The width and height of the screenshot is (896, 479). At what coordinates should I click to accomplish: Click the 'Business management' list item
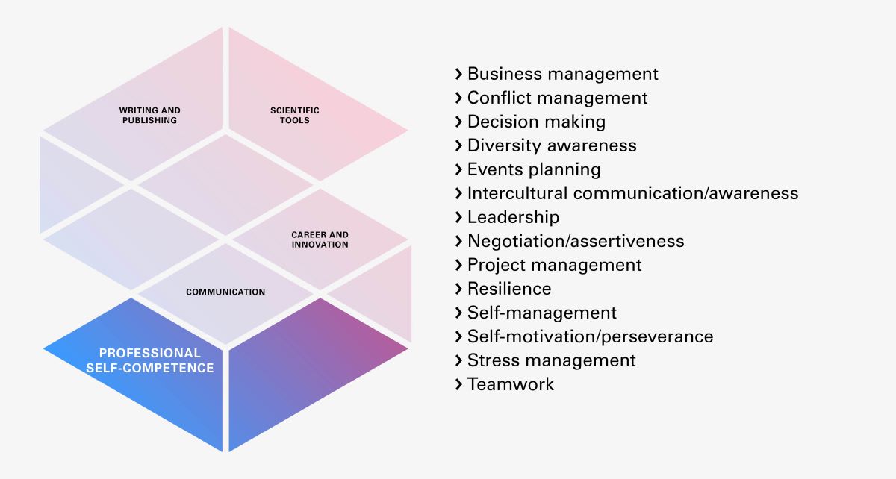point(563,74)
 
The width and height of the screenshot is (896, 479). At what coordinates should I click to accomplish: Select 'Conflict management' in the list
point(558,98)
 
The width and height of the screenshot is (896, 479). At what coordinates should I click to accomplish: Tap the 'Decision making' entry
point(536,122)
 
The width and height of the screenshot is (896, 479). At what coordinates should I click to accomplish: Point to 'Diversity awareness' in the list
point(552,145)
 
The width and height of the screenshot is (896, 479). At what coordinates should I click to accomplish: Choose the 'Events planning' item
point(534,169)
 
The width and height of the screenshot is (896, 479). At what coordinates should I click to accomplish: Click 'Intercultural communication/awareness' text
point(632,193)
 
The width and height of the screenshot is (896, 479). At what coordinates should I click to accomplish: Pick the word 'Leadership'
point(513,217)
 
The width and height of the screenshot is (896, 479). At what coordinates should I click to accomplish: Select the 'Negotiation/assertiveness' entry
point(576,241)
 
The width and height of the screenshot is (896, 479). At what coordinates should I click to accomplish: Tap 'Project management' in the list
point(555,265)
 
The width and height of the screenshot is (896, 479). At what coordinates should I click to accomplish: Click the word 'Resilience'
point(509,289)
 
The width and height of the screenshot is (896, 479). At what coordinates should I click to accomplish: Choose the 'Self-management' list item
point(542,313)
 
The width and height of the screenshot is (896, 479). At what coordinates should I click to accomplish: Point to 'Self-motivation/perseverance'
point(590,336)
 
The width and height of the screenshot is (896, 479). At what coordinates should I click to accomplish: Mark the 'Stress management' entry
point(552,360)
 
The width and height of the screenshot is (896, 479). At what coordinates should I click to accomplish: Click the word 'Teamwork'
point(511,384)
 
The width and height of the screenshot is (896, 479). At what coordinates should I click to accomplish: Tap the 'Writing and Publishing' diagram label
point(150,115)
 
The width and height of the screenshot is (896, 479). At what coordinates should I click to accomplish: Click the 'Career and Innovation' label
point(320,239)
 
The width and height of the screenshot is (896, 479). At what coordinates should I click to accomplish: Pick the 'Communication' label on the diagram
point(225,292)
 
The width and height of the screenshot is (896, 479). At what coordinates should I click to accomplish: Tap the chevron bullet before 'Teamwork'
point(458,384)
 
